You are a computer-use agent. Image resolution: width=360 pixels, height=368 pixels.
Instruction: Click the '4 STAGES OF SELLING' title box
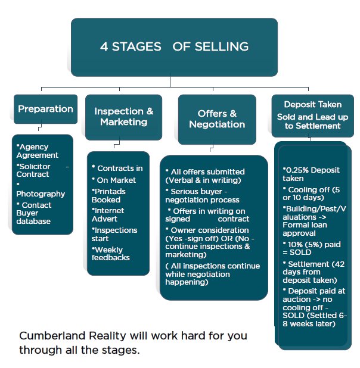click(174, 46)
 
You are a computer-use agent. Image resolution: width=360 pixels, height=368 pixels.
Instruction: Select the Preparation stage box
click(45, 109)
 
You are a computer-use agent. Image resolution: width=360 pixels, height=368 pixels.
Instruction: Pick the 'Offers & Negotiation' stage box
click(217, 119)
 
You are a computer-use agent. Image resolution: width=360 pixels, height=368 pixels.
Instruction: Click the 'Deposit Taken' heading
click(308, 105)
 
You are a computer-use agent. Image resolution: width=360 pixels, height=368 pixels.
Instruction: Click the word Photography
click(41, 194)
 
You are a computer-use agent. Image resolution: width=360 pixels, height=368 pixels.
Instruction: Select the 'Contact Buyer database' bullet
click(38, 213)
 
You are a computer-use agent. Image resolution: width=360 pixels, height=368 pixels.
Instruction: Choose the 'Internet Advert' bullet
click(108, 214)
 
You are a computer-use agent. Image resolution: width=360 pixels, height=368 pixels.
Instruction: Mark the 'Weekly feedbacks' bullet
click(111, 254)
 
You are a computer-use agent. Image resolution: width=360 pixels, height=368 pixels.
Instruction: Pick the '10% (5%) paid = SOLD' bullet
click(308, 248)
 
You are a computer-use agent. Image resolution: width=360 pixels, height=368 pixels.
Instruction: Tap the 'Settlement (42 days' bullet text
click(310, 271)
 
